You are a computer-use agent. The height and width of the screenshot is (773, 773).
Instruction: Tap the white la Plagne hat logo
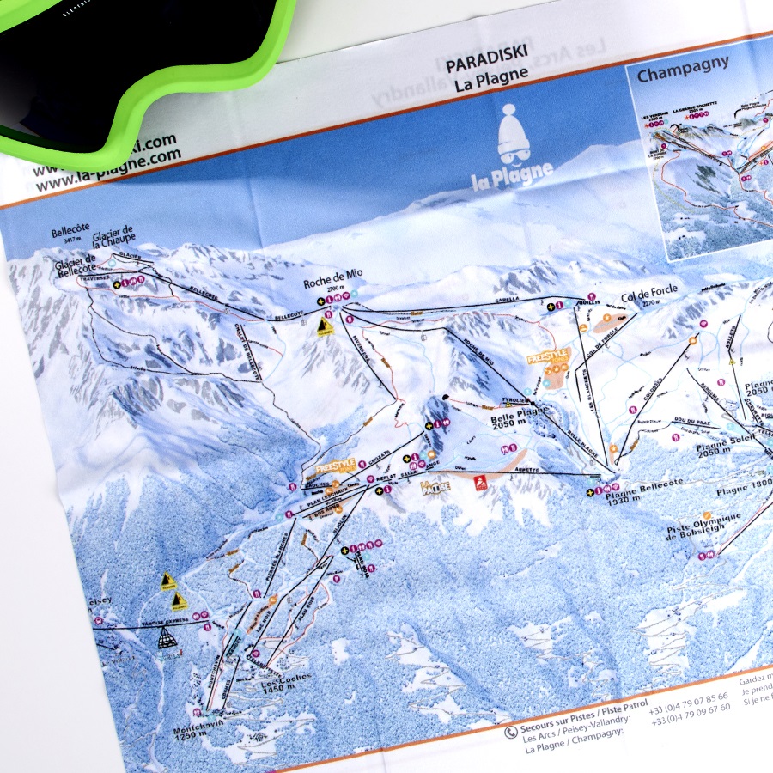click(x=512, y=147)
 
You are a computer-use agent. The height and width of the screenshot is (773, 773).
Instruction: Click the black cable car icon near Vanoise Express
click(x=167, y=638)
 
